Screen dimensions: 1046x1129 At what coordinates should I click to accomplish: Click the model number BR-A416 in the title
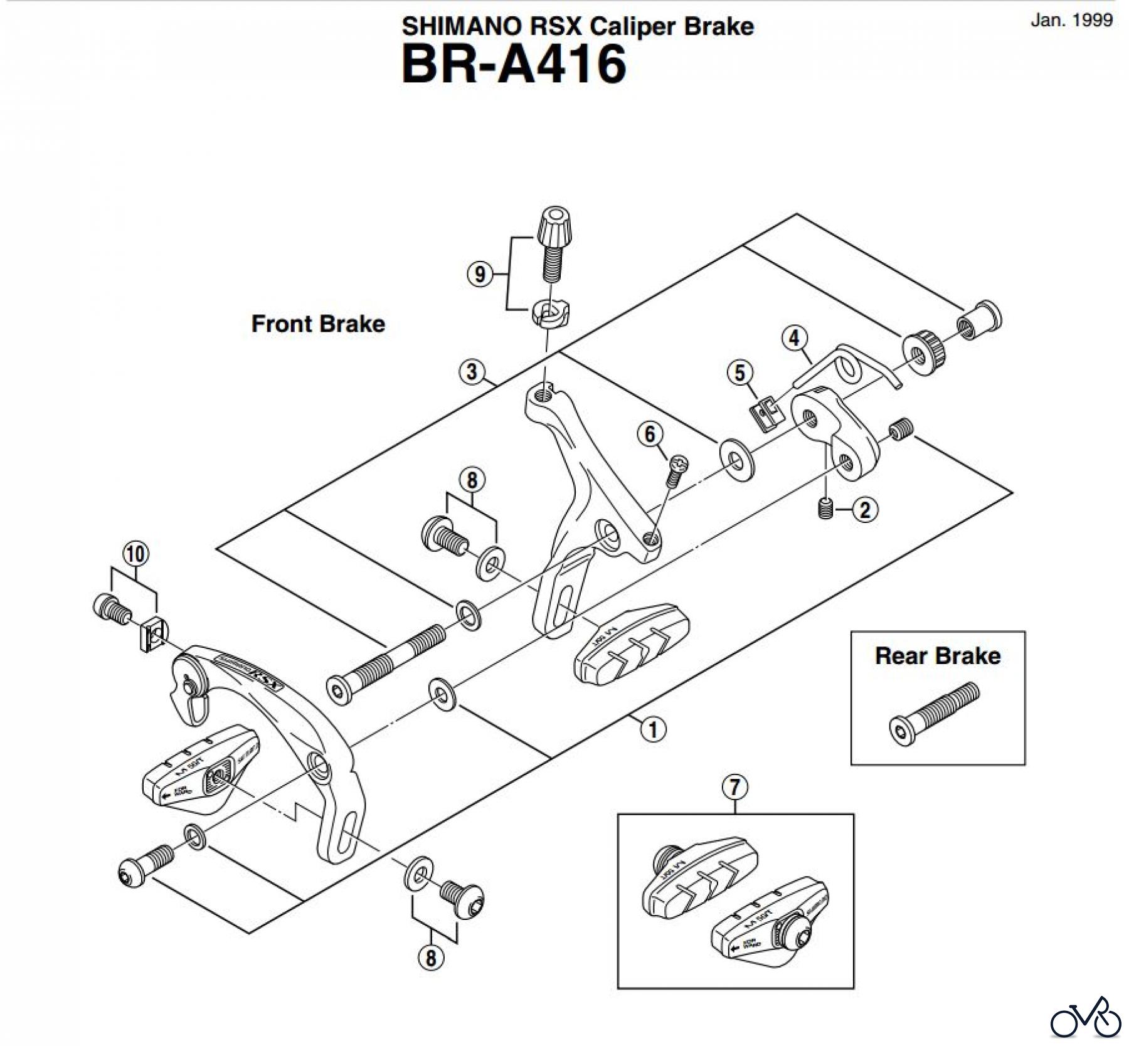click(x=514, y=64)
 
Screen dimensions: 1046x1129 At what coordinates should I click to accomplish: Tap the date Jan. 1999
click(x=1071, y=20)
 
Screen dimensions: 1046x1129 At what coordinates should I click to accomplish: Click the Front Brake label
click(x=318, y=324)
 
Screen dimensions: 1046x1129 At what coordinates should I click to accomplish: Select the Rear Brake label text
click(x=937, y=656)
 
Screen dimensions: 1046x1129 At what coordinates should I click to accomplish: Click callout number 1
click(x=653, y=729)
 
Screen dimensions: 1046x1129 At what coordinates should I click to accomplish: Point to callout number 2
click(x=865, y=509)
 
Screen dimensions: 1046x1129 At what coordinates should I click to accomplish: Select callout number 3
click(x=472, y=371)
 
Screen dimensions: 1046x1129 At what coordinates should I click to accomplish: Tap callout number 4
click(x=794, y=338)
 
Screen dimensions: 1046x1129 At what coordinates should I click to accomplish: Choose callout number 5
click(x=740, y=372)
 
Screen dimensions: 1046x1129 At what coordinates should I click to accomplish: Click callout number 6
click(x=650, y=434)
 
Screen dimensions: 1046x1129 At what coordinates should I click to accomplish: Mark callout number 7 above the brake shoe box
click(x=735, y=787)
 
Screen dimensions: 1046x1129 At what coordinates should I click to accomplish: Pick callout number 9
click(x=480, y=274)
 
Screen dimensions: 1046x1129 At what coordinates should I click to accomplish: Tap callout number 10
click(x=135, y=554)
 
